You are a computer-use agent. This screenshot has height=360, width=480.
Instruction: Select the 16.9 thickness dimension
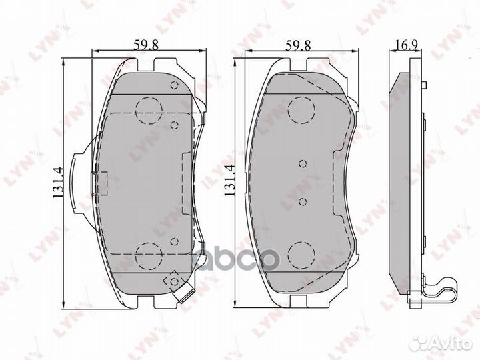pos(403,45)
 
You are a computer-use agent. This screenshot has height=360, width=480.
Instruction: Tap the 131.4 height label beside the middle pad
pos(230,181)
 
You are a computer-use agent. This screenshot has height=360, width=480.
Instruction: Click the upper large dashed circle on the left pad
pos(147,110)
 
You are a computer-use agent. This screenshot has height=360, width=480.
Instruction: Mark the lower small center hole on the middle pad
pos(301,201)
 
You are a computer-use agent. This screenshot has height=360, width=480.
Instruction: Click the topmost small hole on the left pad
pos(174,85)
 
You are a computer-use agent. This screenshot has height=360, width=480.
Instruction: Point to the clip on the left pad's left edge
pos(100,181)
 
